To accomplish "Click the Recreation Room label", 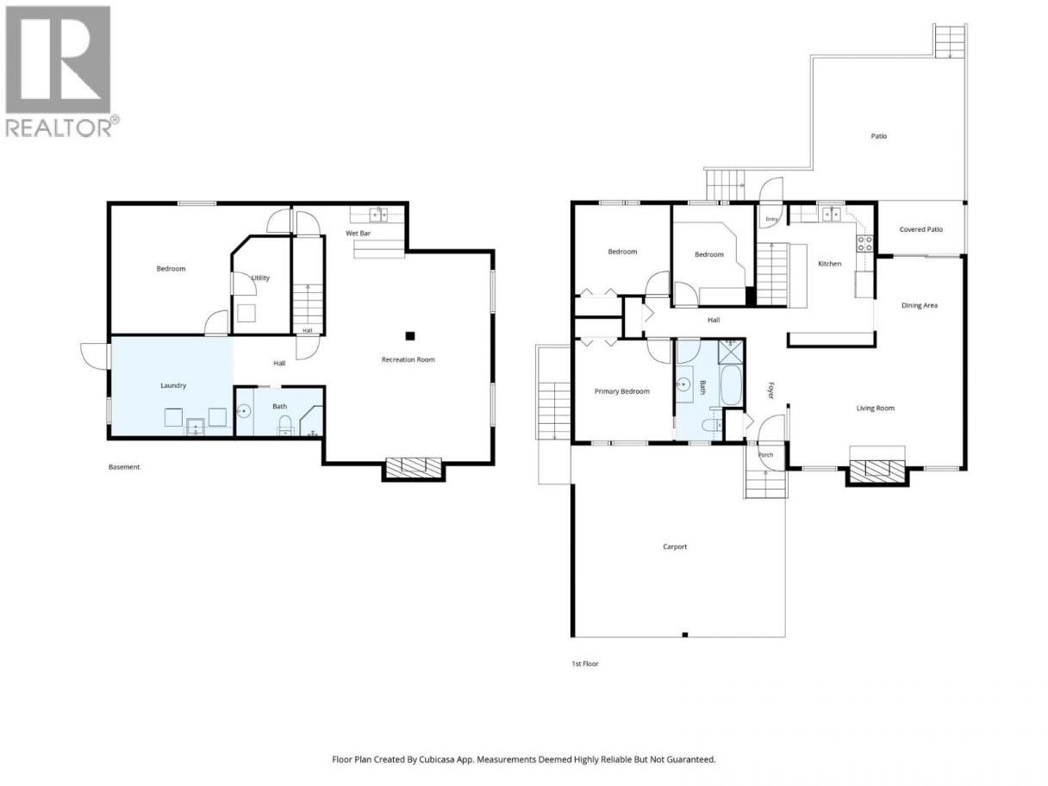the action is (x=408, y=359).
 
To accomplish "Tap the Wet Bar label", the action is (x=358, y=233).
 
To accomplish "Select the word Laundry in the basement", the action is (x=173, y=385).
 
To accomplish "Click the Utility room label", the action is (x=260, y=278).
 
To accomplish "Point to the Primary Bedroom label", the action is (x=621, y=391).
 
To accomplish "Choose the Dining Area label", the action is (x=919, y=305).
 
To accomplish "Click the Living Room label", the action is (x=875, y=408).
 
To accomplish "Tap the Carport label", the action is (x=675, y=546).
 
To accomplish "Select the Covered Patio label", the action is (x=920, y=229).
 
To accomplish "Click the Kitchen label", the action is (x=829, y=264).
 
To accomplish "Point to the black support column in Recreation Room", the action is (x=409, y=336).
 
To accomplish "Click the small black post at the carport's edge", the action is (x=684, y=634).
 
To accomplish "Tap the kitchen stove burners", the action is (x=864, y=244).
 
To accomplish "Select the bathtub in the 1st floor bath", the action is (x=731, y=385).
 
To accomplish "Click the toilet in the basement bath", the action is (x=285, y=425).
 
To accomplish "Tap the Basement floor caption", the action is (x=123, y=467).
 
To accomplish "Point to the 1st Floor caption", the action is (x=585, y=664).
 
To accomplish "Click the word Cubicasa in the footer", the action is (x=437, y=759).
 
